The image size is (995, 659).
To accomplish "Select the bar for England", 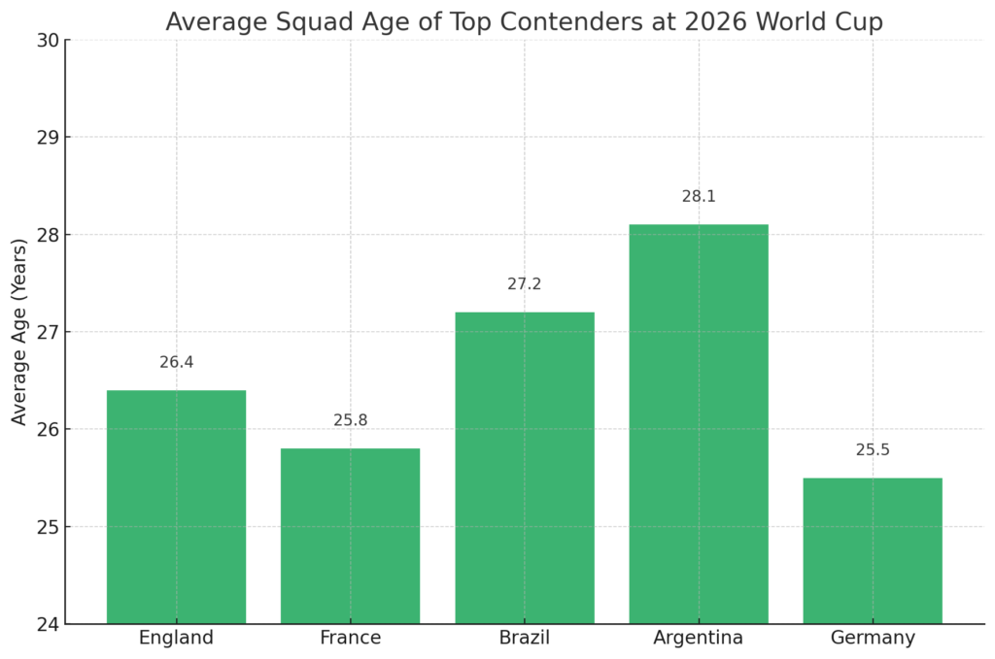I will tap(176, 507).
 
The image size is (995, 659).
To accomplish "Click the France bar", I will tap(350, 536).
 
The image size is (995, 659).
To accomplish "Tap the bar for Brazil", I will tap(525, 468).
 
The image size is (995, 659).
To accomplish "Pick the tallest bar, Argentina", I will tap(699, 424).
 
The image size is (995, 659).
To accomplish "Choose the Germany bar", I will tap(873, 550).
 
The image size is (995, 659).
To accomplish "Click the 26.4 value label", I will tap(177, 362).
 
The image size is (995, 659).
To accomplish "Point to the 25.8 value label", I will tap(351, 420).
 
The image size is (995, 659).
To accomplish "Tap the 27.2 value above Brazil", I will tap(525, 284).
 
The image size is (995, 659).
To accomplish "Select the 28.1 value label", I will tap(699, 196).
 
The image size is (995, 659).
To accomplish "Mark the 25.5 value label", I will tap(873, 450).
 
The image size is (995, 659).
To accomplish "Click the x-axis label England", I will tap(176, 639).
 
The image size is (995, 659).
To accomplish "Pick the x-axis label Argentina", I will tap(699, 639).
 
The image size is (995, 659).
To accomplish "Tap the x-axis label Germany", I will tap(873, 639).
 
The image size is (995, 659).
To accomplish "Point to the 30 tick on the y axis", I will tap(48, 40).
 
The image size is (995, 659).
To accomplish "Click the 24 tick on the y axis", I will tap(48, 624).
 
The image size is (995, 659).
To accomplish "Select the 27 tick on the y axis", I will tap(48, 332).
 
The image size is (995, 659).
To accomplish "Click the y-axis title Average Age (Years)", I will tap(19, 332).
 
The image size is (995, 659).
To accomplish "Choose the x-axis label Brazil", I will tap(525, 639).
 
